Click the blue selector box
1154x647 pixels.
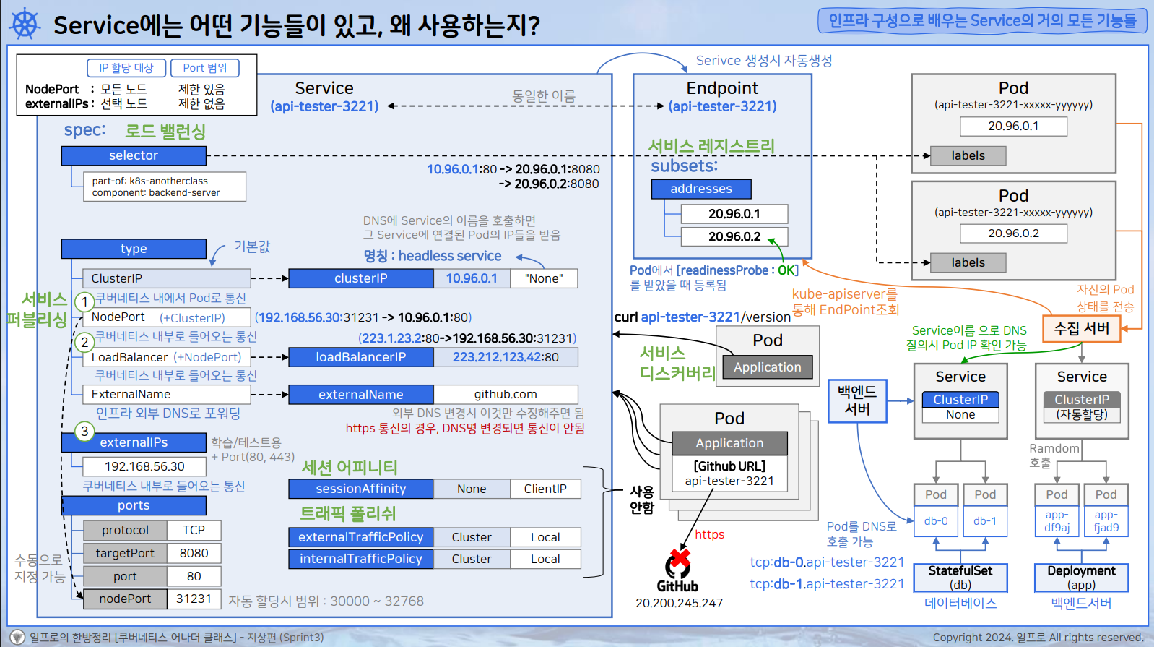(134, 155)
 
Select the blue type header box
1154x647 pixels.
(134, 249)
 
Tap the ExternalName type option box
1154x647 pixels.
(167, 394)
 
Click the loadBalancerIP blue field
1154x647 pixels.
(360, 357)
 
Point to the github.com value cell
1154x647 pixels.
(506, 394)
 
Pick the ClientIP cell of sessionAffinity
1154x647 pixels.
(545, 489)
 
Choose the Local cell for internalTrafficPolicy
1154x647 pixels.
(545, 559)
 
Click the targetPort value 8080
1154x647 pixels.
(194, 553)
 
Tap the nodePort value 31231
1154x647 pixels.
(194, 599)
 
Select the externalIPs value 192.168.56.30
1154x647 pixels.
(144, 466)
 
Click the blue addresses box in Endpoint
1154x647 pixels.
(701, 189)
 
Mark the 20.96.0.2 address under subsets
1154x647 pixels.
(734, 236)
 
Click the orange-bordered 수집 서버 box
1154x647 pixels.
(1081, 328)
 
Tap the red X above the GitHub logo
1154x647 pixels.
(680, 557)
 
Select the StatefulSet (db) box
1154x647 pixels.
(960, 578)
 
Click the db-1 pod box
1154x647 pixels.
(984, 521)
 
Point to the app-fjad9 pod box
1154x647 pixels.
(1106, 521)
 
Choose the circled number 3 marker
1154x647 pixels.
(84, 432)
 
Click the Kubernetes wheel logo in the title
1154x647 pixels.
(25, 24)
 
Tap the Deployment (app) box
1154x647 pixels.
(1081, 578)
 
